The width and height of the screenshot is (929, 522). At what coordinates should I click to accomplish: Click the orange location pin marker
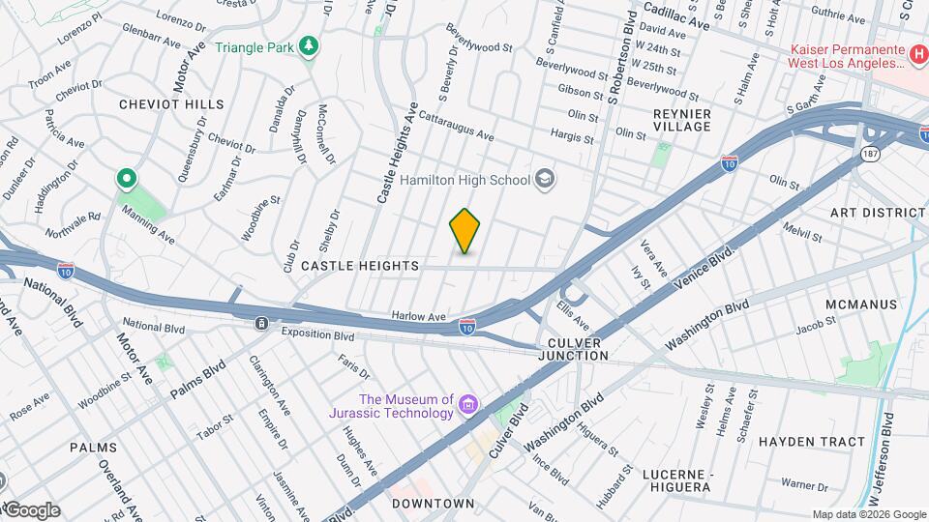(464, 231)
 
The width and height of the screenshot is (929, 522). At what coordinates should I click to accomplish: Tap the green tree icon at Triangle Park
(309, 46)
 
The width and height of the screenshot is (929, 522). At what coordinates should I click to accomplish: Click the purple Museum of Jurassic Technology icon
(468, 403)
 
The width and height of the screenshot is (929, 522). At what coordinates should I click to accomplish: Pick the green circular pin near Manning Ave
(126, 179)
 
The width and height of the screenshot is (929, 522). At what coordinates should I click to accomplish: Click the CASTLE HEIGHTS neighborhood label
(360, 265)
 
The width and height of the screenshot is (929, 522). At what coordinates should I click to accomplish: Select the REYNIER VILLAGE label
(682, 121)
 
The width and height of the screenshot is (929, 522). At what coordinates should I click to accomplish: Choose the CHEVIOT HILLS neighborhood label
(171, 103)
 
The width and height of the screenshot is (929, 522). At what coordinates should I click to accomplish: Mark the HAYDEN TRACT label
(812, 442)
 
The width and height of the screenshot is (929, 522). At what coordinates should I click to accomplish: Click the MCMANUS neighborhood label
(861, 304)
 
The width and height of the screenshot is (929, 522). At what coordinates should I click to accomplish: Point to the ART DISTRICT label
(878, 212)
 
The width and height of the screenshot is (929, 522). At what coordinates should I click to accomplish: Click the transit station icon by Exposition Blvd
(261, 324)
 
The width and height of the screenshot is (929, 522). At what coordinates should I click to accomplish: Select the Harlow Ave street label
(418, 316)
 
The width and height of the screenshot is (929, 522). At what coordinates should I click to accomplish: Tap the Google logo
(31, 510)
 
